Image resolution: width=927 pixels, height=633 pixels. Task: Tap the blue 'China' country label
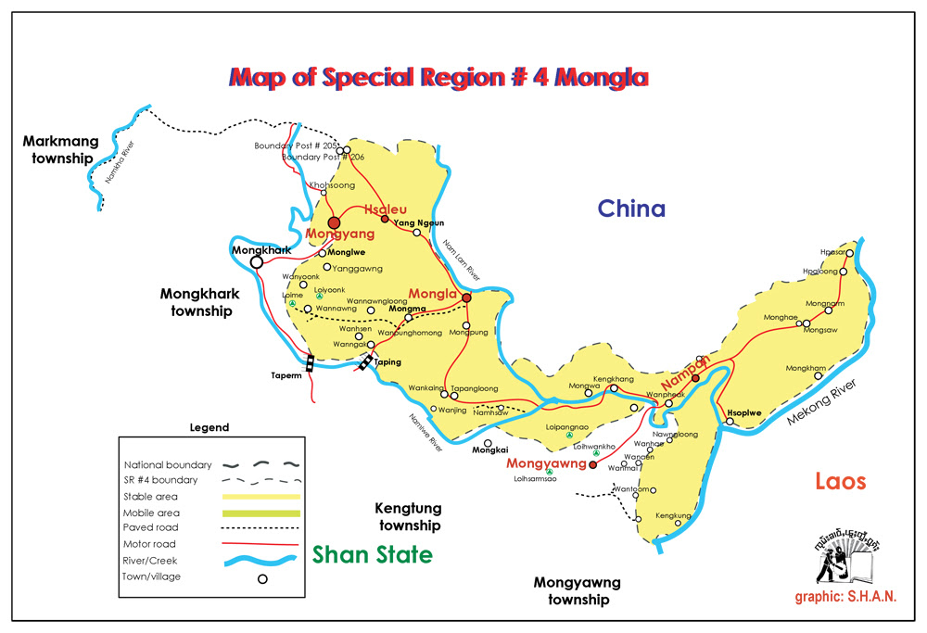click(x=630, y=208)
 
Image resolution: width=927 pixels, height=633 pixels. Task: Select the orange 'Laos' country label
click(x=840, y=481)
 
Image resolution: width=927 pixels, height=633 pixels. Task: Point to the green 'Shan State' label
click(x=372, y=555)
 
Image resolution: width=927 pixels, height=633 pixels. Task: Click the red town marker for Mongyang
click(x=334, y=222)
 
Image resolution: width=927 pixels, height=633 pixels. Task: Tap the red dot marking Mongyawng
click(x=593, y=465)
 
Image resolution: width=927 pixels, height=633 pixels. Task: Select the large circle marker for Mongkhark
click(x=257, y=262)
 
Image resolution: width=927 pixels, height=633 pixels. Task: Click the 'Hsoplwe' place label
click(x=746, y=412)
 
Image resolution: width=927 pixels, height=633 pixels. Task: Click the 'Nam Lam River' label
click(x=461, y=260)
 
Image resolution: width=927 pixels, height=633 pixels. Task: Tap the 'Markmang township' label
click(x=59, y=149)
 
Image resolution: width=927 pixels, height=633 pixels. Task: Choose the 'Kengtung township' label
click(x=408, y=517)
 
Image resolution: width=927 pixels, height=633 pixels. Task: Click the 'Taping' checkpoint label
click(x=387, y=362)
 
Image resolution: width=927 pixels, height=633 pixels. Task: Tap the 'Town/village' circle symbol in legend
click(x=262, y=579)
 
